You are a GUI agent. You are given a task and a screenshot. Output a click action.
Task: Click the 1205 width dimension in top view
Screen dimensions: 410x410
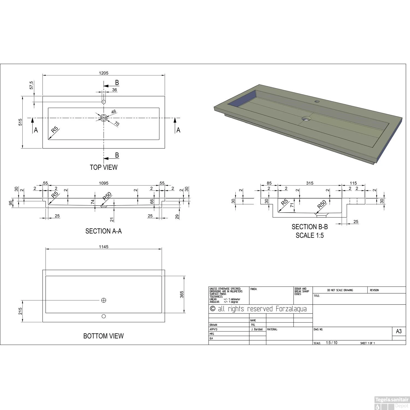click(x=104, y=73)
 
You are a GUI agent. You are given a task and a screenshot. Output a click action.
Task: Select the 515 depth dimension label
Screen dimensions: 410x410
click(x=20, y=122)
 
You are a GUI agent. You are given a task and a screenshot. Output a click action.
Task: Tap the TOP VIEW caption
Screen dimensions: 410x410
click(x=104, y=167)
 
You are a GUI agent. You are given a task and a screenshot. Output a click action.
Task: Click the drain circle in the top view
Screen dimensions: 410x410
click(x=104, y=118)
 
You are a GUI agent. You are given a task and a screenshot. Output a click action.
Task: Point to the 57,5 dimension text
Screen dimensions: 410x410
click(x=31, y=85)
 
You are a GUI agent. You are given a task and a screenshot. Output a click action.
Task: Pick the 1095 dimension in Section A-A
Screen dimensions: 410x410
click(x=104, y=183)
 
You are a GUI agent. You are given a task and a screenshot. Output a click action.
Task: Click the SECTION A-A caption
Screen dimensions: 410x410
click(x=104, y=231)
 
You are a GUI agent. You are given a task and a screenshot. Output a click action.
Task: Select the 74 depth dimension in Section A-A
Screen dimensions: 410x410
click(x=93, y=202)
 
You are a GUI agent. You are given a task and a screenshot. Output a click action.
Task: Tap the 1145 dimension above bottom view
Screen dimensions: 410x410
click(x=104, y=247)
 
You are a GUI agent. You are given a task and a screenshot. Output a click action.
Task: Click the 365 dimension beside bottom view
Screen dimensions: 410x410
click(x=182, y=294)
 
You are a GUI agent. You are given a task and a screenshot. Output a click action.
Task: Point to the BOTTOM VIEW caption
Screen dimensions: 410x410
click(x=104, y=336)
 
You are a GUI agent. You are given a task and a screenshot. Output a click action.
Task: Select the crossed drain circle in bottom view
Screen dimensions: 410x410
click(x=104, y=300)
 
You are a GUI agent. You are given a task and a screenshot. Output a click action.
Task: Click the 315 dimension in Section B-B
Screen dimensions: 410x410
click(x=310, y=183)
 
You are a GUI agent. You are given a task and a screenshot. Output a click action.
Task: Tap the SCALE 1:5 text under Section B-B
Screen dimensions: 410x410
click(x=310, y=235)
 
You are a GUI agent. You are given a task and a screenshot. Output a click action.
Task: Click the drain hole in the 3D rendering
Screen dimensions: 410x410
click(x=306, y=119)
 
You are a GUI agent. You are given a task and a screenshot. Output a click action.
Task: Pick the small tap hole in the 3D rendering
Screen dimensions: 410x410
click(x=317, y=101)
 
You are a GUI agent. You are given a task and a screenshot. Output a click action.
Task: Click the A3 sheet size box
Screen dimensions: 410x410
click(x=399, y=331)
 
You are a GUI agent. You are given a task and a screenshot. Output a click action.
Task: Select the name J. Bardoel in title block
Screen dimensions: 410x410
click(x=257, y=329)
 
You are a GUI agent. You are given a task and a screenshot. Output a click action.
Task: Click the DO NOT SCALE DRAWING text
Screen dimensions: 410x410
click(x=340, y=290)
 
